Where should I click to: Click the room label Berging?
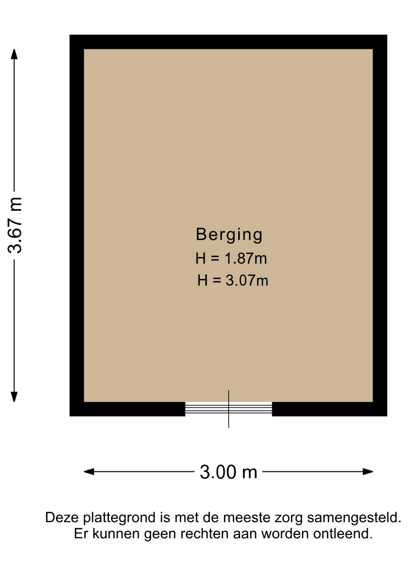point(229,235)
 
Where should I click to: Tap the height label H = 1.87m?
point(231,258)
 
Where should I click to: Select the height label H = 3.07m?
point(233,280)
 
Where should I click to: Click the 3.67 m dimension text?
point(15,225)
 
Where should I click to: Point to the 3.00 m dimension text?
point(229,472)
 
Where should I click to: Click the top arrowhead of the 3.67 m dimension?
point(14,54)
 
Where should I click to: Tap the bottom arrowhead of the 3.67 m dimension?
point(14,397)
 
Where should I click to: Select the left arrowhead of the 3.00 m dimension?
point(89,472)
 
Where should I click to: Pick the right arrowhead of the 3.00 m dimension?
point(368,472)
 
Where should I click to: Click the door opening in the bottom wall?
point(229,409)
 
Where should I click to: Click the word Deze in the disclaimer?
point(62,517)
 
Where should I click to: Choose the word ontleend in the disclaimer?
point(343,534)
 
